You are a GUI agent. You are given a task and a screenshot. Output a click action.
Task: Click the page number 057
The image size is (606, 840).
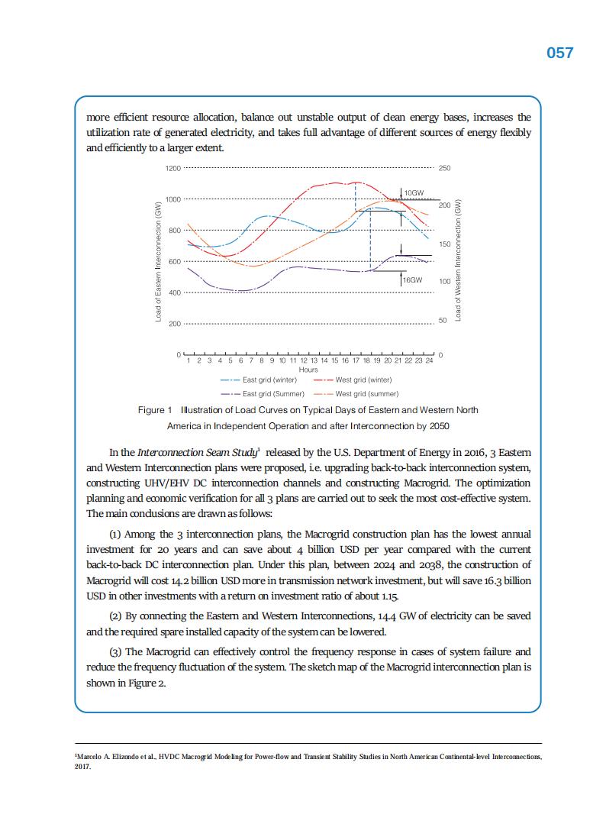point(559,53)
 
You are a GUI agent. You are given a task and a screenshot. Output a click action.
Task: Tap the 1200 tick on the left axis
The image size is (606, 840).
point(173,168)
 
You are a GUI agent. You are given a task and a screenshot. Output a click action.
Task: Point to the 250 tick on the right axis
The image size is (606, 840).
point(444,168)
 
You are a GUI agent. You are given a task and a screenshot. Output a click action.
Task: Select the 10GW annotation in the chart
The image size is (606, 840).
point(414,192)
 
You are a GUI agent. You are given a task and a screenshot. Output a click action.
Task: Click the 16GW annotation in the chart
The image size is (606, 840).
point(413,280)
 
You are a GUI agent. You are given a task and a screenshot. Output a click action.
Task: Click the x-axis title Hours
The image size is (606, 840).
point(308,370)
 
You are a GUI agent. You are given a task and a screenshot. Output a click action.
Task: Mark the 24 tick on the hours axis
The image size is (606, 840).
point(430,360)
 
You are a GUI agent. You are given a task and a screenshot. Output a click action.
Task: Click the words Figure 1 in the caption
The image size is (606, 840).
point(155,410)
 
